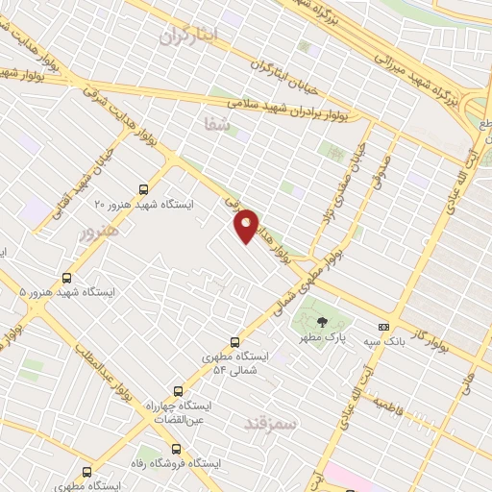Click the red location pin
(247, 227)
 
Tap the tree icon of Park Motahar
(321, 323)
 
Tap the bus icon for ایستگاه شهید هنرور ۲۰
(143, 189)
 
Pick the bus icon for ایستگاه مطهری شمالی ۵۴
(235, 341)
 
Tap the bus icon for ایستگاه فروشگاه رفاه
(175, 448)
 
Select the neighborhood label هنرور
(98, 231)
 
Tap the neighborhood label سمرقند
(272, 422)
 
